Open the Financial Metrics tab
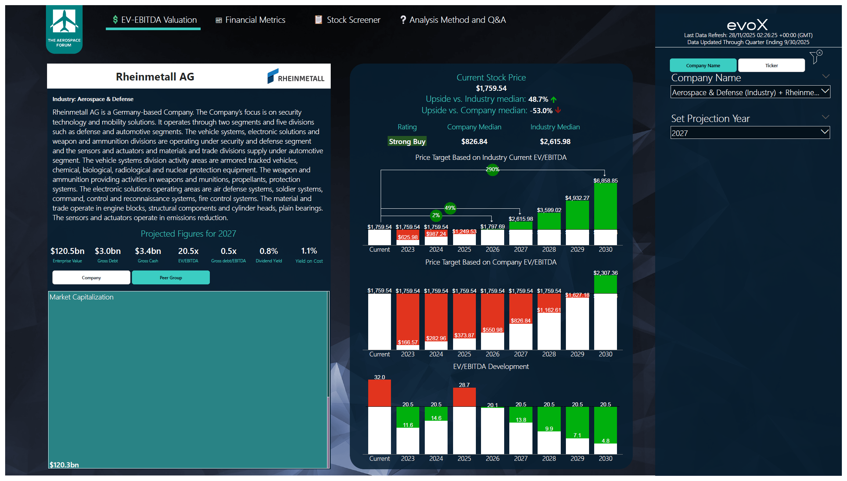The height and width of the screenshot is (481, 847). (x=250, y=20)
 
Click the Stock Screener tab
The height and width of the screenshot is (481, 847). (x=348, y=20)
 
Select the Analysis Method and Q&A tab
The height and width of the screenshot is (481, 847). (x=453, y=20)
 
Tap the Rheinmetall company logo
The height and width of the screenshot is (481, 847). (x=296, y=76)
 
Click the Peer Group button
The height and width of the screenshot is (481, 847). (x=171, y=278)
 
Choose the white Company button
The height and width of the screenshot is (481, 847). (x=91, y=278)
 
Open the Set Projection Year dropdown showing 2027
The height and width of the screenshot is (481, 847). (x=750, y=133)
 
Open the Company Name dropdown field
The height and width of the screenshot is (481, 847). (x=750, y=92)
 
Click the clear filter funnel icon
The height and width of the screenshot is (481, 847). (x=815, y=57)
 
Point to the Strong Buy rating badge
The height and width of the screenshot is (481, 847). (x=407, y=141)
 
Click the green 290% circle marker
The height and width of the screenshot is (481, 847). (x=492, y=169)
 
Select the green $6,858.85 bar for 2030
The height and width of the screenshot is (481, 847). (x=605, y=206)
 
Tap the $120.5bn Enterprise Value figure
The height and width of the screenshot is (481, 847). (x=67, y=251)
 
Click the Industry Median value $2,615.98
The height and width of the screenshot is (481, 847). (x=555, y=141)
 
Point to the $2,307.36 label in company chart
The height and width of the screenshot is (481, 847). (x=605, y=273)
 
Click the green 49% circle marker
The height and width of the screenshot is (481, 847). (x=450, y=208)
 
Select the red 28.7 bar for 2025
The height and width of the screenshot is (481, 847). (x=464, y=397)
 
